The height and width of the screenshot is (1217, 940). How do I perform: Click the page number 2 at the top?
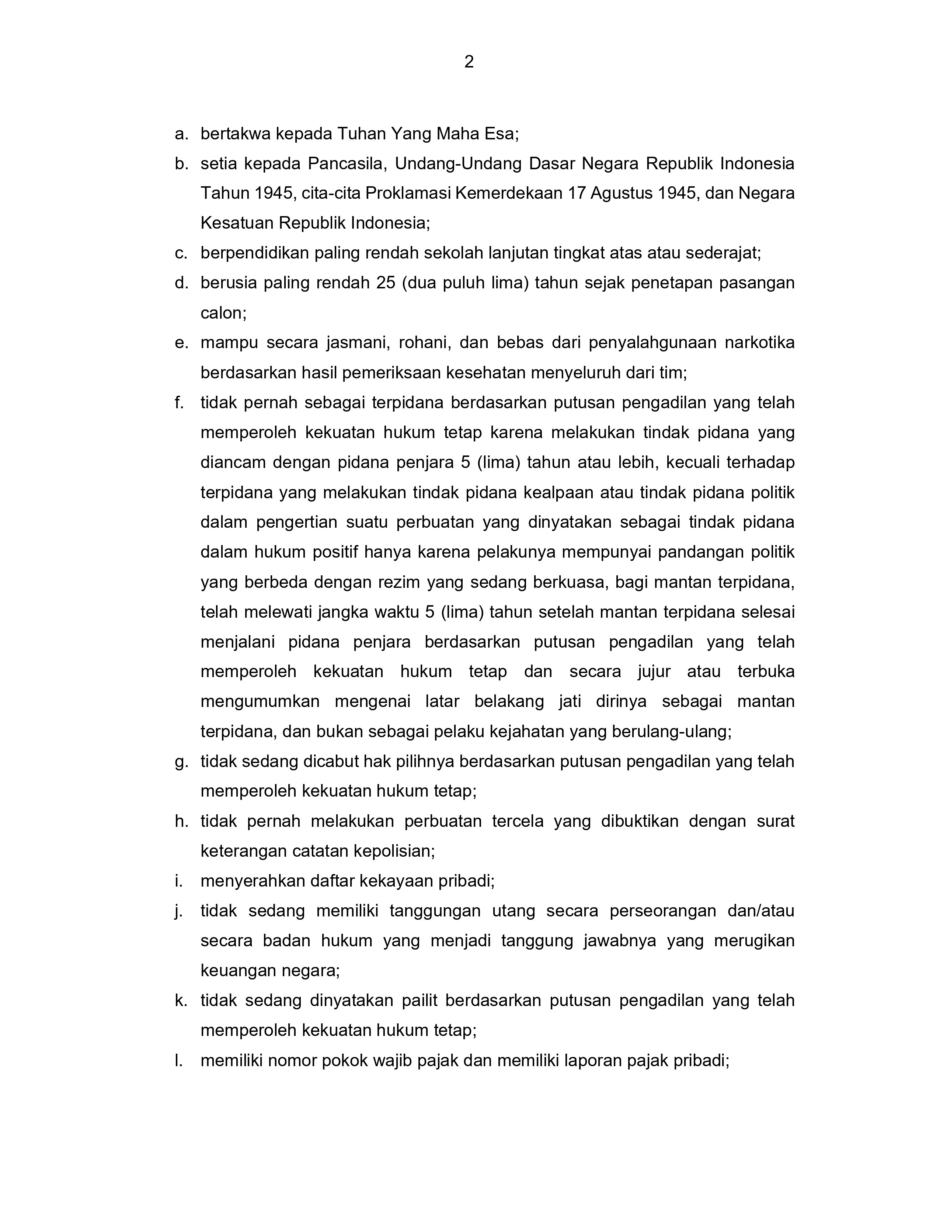pos(469,62)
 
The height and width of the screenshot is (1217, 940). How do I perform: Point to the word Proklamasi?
pos(408,193)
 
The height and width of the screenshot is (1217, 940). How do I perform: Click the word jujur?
pos(654,672)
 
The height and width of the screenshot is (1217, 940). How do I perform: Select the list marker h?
pos(180,821)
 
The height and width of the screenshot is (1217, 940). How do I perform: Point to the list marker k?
pos(180,1001)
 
